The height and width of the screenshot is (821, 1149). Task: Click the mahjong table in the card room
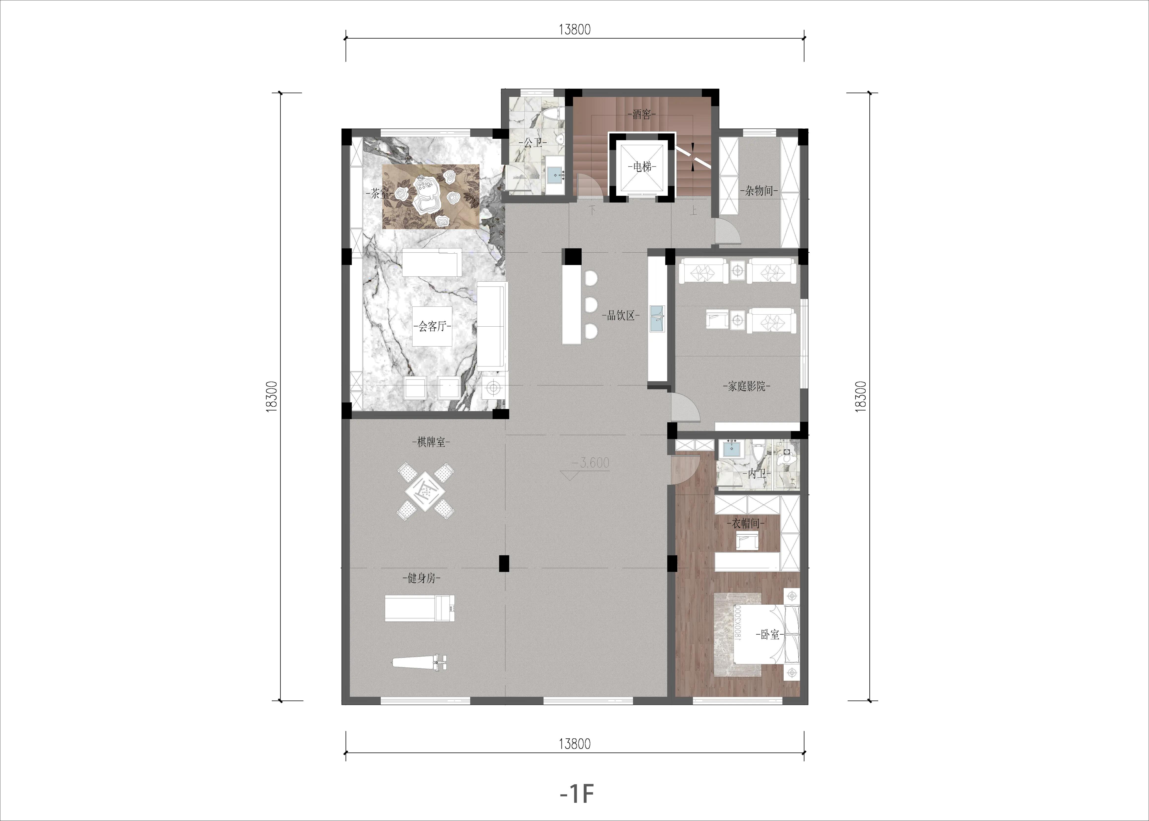[426, 490]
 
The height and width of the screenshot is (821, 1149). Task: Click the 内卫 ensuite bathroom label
[756, 474]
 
